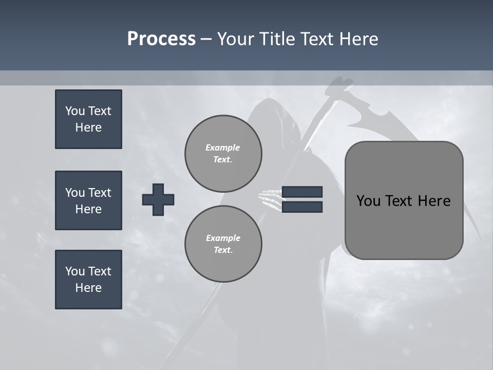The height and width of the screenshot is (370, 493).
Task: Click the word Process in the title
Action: click(161, 39)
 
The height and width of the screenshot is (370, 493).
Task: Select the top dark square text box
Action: click(88, 119)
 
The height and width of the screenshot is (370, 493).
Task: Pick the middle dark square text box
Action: click(88, 200)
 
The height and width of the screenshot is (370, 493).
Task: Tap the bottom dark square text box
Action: click(88, 280)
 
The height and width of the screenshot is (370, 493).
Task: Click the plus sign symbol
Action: click(158, 199)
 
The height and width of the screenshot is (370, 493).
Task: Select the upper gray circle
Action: click(223, 154)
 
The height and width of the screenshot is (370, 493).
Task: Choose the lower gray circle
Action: click(223, 244)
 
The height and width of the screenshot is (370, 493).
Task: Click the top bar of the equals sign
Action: click(302, 192)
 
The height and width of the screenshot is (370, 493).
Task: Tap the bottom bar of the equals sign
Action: click(302, 207)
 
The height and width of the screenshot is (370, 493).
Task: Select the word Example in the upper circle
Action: click(223, 147)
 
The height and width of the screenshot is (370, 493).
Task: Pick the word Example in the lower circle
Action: click(223, 238)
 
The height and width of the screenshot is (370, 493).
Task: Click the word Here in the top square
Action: click(88, 127)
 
